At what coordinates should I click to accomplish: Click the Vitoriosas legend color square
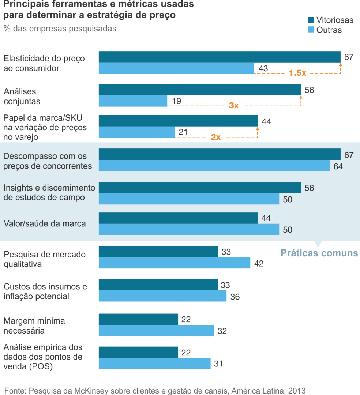tap(311, 20)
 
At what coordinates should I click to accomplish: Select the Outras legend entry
tap(329, 30)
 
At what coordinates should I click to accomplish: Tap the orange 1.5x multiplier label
tap(297, 73)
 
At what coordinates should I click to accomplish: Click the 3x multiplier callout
tap(234, 106)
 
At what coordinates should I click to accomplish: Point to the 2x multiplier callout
tap(215, 137)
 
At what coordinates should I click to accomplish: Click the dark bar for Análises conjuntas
tap(199, 90)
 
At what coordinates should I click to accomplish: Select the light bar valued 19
tap(133, 101)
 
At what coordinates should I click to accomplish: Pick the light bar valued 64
tap(214, 166)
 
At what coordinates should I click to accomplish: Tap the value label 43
tap(263, 68)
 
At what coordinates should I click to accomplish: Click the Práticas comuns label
tap(319, 253)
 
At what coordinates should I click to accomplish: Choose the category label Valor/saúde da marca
tap(45, 223)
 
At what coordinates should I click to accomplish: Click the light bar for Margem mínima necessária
tap(156, 331)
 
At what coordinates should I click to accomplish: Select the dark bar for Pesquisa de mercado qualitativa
tap(158, 251)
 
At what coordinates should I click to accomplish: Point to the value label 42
tap(259, 263)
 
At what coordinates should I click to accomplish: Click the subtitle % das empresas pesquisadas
tap(60, 29)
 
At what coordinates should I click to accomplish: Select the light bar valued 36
tap(162, 296)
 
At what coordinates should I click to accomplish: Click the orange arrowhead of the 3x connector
tap(301, 97)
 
